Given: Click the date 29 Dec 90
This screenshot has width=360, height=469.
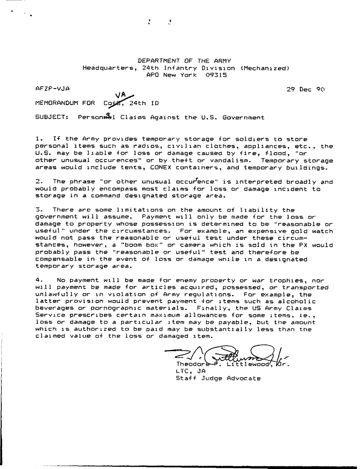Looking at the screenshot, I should pyautogui.click(x=305, y=89).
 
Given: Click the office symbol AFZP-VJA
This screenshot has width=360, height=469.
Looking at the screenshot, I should pyautogui.click(x=53, y=89).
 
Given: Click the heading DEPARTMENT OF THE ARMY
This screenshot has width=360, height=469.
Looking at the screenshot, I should pyautogui.click(x=184, y=61).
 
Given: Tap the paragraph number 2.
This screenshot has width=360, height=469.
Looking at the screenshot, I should pyautogui.click(x=38, y=181).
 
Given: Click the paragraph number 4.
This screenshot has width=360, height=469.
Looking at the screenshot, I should pyautogui.click(x=38, y=280).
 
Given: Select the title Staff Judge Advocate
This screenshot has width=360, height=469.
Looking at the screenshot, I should pyautogui.click(x=218, y=378).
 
